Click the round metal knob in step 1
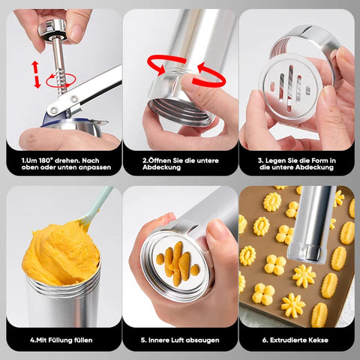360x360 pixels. coord(52,30)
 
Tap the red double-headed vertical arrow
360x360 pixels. coord(37,74)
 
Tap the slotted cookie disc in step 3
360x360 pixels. coord(290,89)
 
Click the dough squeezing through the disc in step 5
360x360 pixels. coord(178,262)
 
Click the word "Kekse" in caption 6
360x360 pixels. coord(318,340)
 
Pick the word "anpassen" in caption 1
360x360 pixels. coord(94,168)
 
